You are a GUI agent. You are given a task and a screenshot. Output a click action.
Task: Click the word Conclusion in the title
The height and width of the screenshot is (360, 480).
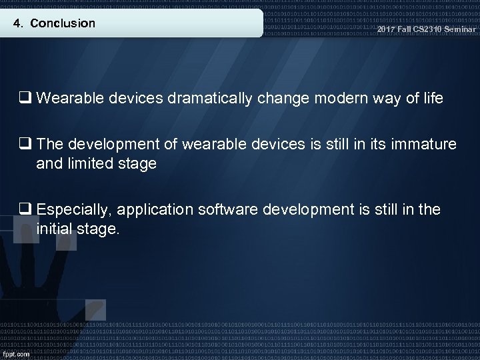coord(63,23)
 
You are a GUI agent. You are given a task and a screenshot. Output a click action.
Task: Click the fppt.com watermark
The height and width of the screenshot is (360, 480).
coord(15,353)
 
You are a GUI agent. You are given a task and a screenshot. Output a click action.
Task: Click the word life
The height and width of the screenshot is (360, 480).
coord(431,99)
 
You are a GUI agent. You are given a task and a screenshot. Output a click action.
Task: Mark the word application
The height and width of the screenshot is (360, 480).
coord(157,209)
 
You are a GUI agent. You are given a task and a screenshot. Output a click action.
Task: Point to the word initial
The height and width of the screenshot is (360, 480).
coord(56,228)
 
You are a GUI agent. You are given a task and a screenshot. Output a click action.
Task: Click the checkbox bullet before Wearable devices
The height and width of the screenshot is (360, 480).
coord(27,99)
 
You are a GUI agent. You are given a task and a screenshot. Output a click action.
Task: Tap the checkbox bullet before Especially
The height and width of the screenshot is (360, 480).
coord(27,209)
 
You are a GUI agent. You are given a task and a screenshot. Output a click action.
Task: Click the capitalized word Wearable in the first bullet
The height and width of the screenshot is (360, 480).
coord(66,99)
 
